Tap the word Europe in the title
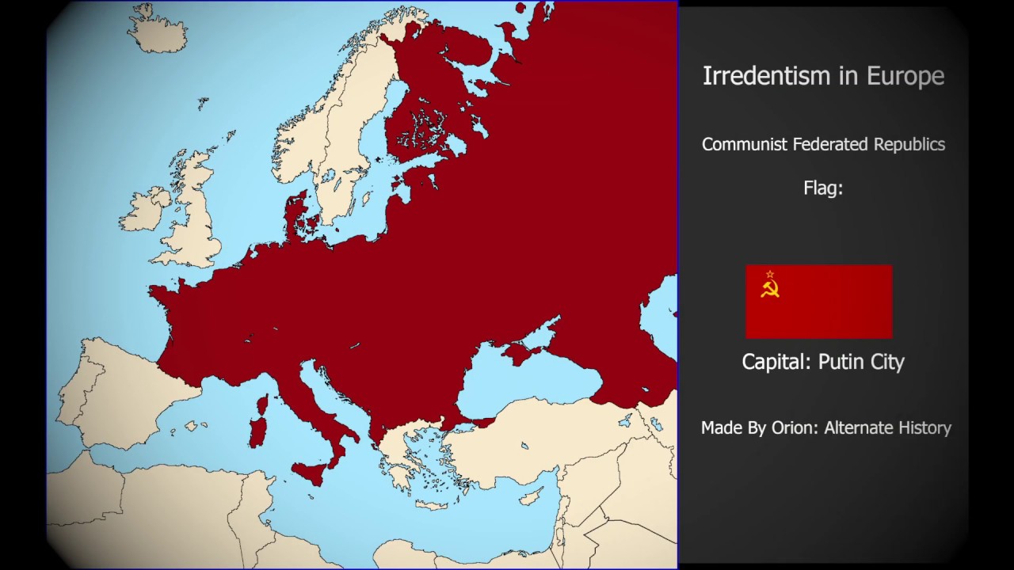(905, 76)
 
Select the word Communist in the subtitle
(741, 144)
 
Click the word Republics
(909, 144)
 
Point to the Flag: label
(823, 188)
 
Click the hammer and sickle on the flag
(769, 289)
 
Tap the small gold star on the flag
(769, 275)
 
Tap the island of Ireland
(144, 209)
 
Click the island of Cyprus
(530, 496)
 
